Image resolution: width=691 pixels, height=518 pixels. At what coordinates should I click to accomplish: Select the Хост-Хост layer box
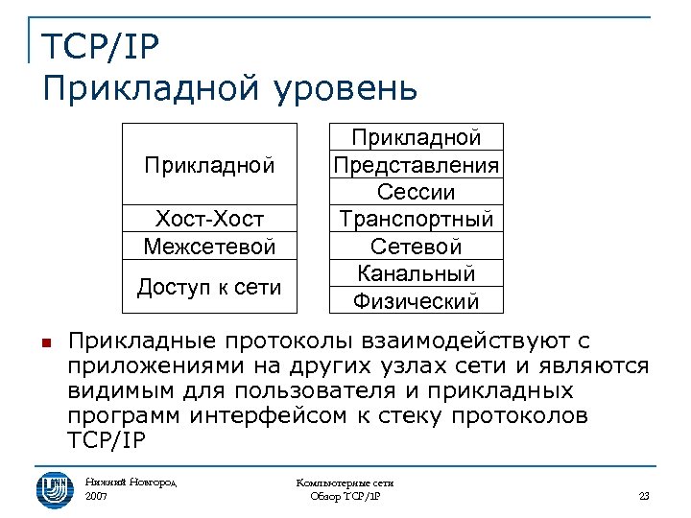[x=209, y=219]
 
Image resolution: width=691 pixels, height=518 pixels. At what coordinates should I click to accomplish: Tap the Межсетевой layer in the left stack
[x=209, y=247]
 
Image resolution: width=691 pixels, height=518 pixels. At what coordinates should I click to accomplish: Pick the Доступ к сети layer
[x=209, y=286]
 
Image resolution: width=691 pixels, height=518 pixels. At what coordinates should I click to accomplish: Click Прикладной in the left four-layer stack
[x=209, y=165]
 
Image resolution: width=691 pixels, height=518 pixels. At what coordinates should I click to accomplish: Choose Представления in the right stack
[x=416, y=165]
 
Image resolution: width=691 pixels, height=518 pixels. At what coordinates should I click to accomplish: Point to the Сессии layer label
[x=416, y=192]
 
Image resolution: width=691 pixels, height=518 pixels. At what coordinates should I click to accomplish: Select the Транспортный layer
[x=416, y=220]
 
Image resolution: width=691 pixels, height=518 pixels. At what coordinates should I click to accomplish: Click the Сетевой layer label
[x=416, y=247]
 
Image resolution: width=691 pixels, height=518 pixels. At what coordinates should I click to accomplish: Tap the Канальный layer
[x=416, y=273]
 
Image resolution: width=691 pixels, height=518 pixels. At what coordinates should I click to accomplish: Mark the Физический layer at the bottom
[x=416, y=301]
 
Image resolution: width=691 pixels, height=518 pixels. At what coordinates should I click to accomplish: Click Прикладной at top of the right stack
[x=416, y=138]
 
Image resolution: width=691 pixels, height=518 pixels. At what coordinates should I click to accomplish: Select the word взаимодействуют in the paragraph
[x=470, y=341]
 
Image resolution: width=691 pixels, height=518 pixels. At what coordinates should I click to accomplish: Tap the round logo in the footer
[x=55, y=486]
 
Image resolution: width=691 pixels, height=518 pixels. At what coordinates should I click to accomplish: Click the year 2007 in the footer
[x=97, y=496]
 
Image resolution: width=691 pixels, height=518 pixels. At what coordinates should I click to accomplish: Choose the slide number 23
[x=644, y=496]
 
